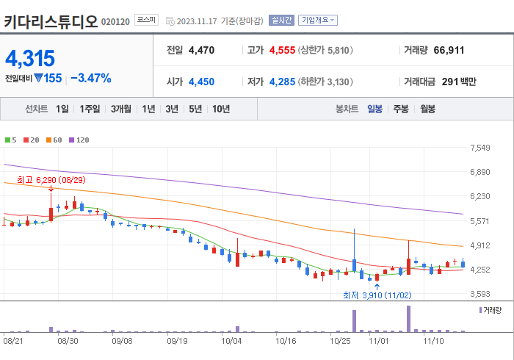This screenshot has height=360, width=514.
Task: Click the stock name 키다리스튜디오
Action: (50, 20)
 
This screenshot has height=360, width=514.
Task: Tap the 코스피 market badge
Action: (146, 21)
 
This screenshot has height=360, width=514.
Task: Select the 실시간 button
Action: (281, 21)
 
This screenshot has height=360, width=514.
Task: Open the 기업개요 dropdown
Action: (317, 21)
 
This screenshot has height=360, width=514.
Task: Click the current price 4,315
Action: (30, 58)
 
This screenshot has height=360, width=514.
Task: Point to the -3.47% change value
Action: (91, 78)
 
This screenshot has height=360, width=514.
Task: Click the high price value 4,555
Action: (282, 51)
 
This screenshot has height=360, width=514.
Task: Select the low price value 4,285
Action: (282, 82)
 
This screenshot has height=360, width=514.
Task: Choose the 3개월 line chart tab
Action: (121, 109)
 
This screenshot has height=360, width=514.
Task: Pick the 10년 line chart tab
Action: (220, 109)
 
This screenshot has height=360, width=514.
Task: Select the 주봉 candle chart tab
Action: (401, 109)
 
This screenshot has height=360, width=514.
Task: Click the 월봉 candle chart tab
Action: (428, 109)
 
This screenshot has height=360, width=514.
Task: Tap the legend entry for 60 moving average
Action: (56, 140)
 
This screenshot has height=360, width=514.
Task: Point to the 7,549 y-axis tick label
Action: (479, 148)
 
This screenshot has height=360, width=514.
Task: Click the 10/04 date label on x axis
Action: (231, 341)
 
